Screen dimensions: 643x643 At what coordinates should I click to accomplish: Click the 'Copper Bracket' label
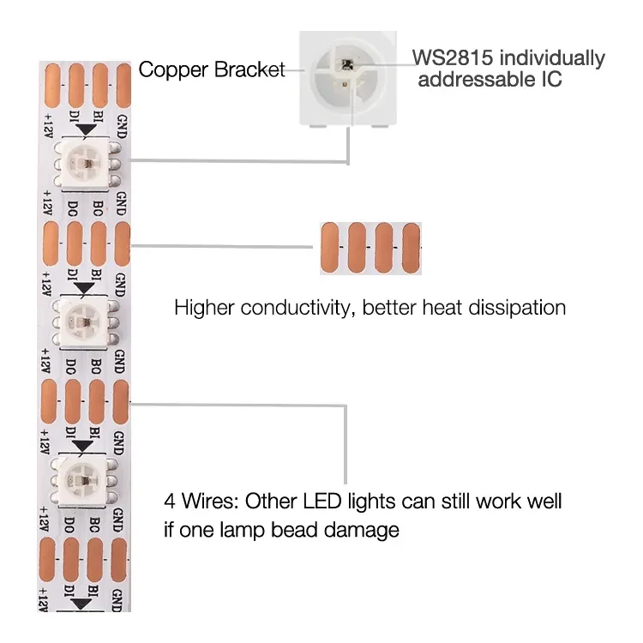[211, 69]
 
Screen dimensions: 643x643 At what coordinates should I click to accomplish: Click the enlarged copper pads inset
[370, 248]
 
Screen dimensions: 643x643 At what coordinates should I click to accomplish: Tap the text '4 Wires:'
[199, 500]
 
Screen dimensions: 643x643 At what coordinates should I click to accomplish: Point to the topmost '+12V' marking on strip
[46, 126]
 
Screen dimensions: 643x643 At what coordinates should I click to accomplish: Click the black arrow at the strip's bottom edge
[82, 604]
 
